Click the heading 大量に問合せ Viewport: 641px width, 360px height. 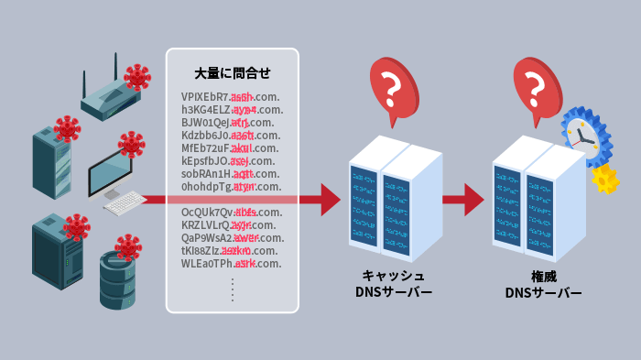233,72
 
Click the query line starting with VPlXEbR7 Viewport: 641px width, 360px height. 231,97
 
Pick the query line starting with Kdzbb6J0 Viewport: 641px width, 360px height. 231,136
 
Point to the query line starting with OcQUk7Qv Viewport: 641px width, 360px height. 232,213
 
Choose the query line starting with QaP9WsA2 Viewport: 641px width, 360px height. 232,238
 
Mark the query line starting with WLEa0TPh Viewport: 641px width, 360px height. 232,264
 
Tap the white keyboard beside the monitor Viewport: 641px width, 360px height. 124,203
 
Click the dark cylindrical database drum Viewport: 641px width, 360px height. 117,279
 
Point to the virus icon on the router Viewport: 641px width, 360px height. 137,76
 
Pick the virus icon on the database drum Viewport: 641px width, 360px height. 128,245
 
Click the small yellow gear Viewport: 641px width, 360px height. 605,178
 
